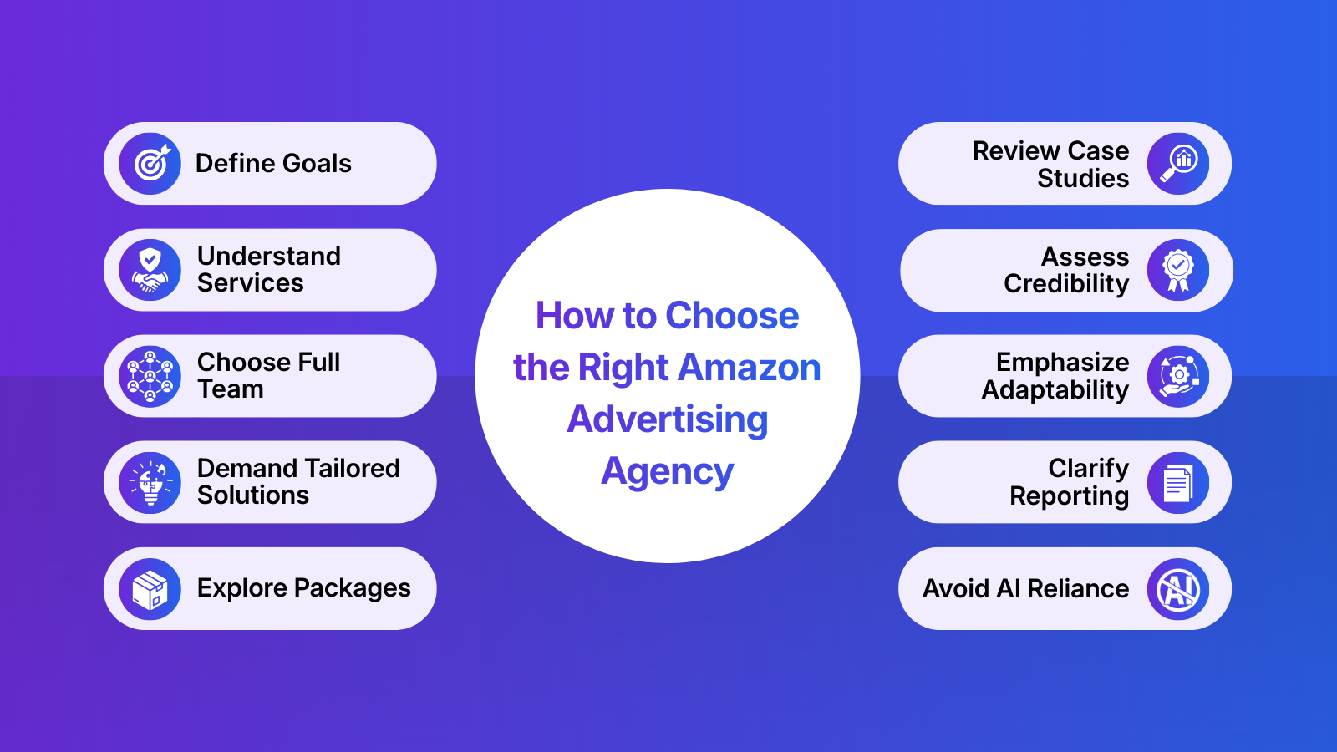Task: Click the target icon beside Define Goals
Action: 150,164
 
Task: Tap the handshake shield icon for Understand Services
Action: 150,270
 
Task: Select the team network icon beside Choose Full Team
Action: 150,376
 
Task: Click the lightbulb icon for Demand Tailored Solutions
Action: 150,482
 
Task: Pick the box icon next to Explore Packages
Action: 150,589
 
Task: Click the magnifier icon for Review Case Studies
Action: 1178,164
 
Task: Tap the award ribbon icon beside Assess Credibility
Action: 1178,270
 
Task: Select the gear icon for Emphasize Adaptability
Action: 1178,376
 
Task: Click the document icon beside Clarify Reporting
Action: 1178,482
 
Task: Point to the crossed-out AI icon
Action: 1178,589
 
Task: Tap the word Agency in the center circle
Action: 668,472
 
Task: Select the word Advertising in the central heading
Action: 668,419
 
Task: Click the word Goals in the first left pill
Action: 314,164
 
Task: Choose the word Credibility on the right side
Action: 1066,284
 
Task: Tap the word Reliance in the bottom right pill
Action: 1078,589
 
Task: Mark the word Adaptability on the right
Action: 1055,390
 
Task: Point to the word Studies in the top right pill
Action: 1083,178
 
